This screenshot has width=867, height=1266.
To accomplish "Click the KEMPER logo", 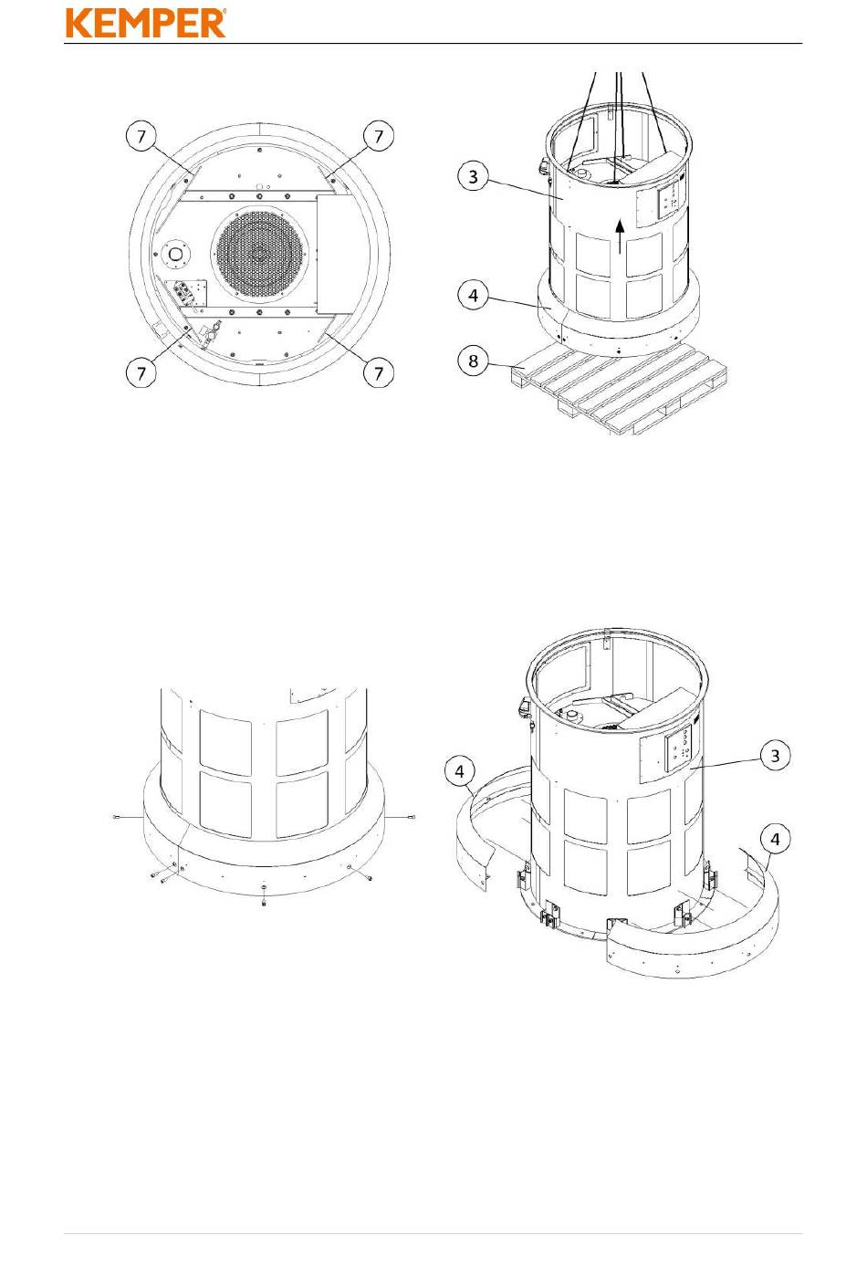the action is pyautogui.click(x=146, y=23).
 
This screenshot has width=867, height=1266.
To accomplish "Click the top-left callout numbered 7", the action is pyautogui.click(x=141, y=136).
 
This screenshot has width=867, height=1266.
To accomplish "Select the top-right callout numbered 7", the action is pyautogui.click(x=378, y=136).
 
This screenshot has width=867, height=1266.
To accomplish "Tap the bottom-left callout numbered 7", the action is pyautogui.click(x=141, y=373).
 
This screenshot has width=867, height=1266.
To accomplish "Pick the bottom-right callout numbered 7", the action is pyautogui.click(x=378, y=373).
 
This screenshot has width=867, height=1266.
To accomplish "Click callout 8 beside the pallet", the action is pyautogui.click(x=473, y=361).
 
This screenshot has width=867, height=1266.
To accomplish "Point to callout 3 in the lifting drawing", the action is pyautogui.click(x=473, y=177).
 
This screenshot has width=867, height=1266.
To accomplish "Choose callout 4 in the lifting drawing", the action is pyautogui.click(x=473, y=295).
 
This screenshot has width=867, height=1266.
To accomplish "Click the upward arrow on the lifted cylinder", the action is pyautogui.click(x=620, y=236).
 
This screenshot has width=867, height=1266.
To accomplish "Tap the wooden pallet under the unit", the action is pyautogui.click(x=619, y=387).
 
